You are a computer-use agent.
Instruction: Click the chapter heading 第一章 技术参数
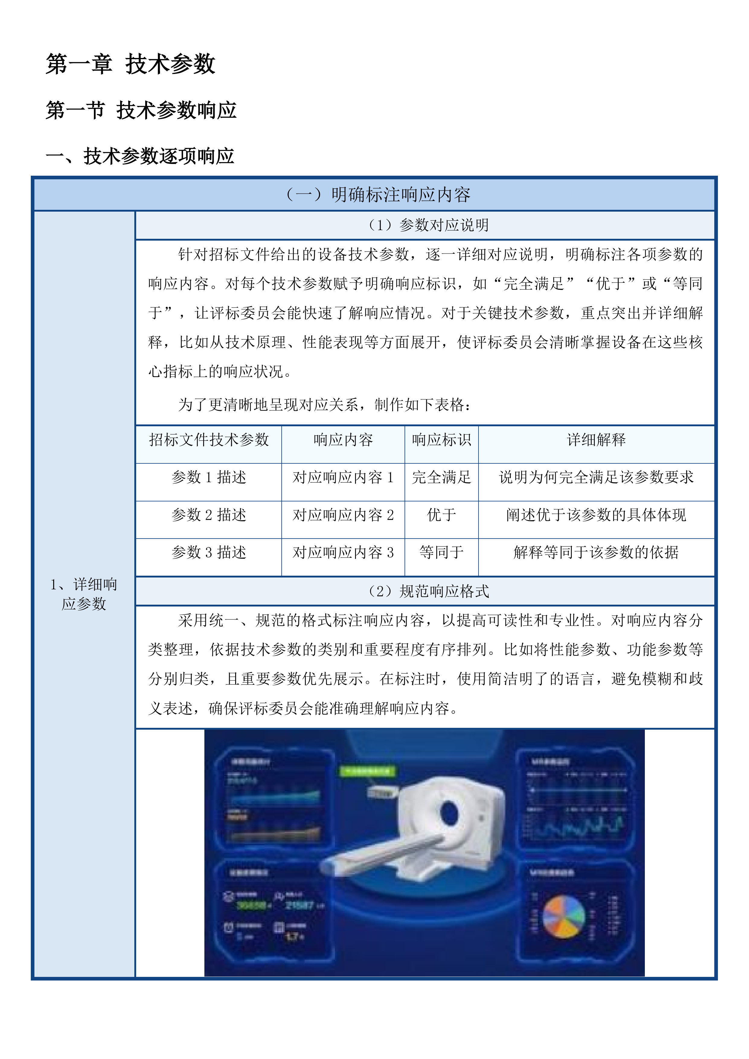[x=130, y=64]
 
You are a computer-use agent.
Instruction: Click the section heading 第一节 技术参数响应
[x=141, y=111]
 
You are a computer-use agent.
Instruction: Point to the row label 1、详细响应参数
[x=84, y=594]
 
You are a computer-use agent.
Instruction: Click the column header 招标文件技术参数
[x=209, y=440]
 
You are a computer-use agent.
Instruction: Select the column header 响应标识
[x=441, y=440]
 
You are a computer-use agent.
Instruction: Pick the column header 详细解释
[x=596, y=440]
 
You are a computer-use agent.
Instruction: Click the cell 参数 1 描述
[x=209, y=477]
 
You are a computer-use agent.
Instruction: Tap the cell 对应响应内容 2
[x=343, y=515]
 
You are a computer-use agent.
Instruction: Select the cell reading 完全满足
[x=441, y=477]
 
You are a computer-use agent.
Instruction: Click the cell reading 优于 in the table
[x=441, y=515]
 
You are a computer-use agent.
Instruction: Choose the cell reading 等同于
[x=441, y=552]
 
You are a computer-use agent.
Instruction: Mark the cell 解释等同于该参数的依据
[x=596, y=552]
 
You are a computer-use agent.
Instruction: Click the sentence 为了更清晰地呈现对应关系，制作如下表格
[x=325, y=405]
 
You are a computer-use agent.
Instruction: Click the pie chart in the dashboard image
[x=564, y=917]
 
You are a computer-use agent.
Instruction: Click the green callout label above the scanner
[x=368, y=771]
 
